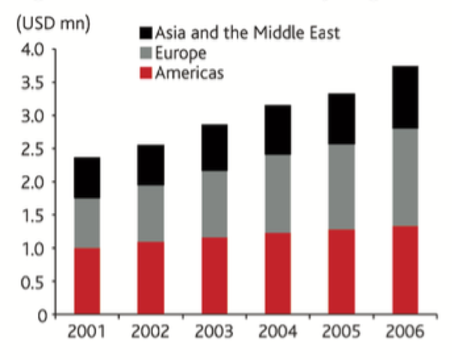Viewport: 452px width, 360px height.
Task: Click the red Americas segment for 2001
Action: [87, 280]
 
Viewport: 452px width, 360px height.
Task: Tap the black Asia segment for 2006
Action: [401, 97]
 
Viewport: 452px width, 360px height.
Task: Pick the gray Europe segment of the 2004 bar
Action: [274, 194]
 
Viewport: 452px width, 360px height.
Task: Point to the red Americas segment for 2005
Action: [337, 271]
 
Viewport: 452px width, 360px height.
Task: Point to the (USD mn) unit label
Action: [54, 25]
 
